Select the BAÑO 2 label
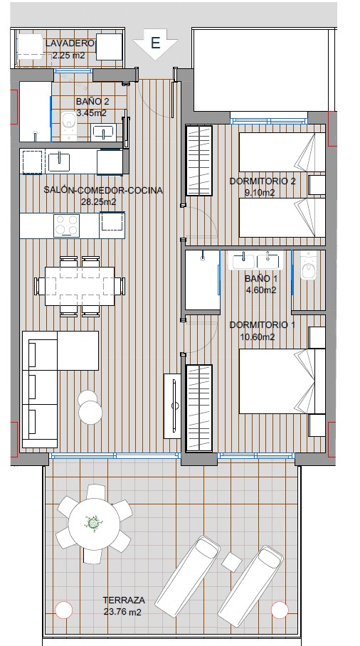[91, 102]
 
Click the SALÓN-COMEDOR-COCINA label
[103, 190]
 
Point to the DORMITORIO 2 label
[262, 181]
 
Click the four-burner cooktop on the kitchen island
[67, 225]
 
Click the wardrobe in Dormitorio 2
[199, 160]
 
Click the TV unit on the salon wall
[173, 403]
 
